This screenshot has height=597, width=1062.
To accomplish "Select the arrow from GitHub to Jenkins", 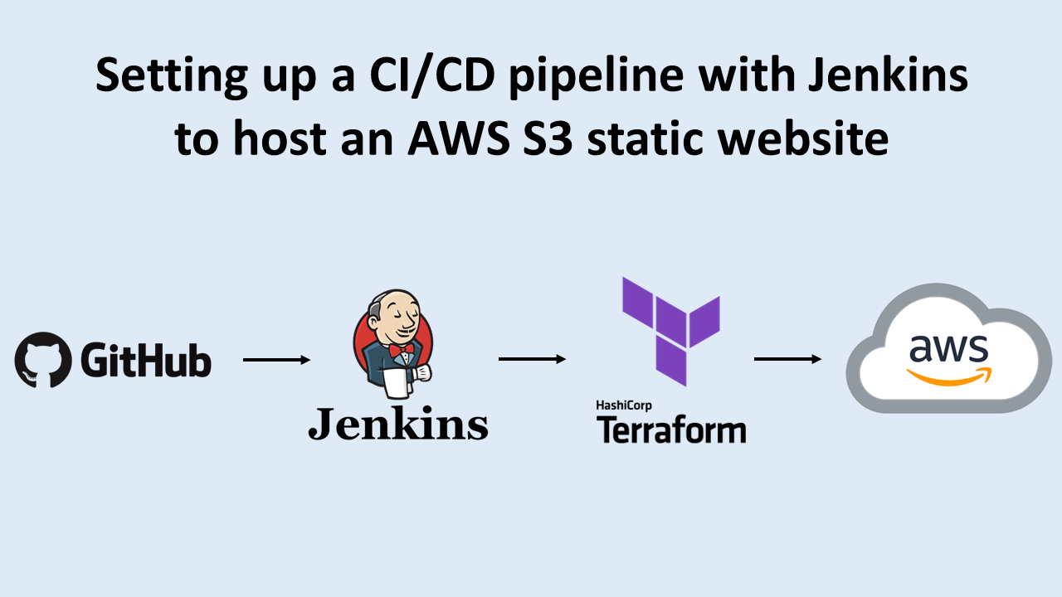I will pyautogui.click(x=276, y=360).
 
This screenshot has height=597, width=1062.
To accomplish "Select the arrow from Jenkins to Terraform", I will pyautogui.click(x=532, y=359).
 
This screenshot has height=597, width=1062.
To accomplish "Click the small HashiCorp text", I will pyautogui.click(x=625, y=405).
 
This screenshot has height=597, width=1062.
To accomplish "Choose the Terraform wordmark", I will pyautogui.click(x=670, y=430).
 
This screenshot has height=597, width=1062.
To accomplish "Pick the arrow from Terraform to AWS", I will pyautogui.click(x=787, y=359).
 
